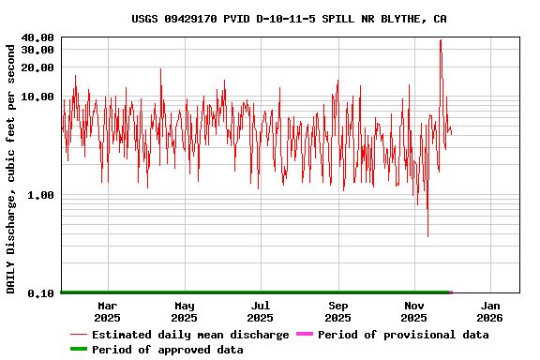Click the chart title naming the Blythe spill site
(289, 19)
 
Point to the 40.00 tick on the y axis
(37, 37)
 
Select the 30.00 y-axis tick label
(37, 50)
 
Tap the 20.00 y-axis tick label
(37, 67)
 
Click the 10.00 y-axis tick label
(37, 97)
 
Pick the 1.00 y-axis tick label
(41, 195)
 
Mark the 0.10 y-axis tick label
(41, 293)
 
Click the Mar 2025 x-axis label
(108, 311)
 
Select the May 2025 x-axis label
(185, 311)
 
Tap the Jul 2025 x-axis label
(261, 311)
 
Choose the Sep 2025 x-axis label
(338, 311)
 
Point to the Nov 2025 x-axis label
(414, 311)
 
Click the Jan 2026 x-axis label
(490, 311)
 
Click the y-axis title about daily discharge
(11, 166)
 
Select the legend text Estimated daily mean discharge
(190, 335)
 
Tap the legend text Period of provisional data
(403, 335)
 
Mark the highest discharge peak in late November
(441, 40)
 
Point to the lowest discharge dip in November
(427, 236)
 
